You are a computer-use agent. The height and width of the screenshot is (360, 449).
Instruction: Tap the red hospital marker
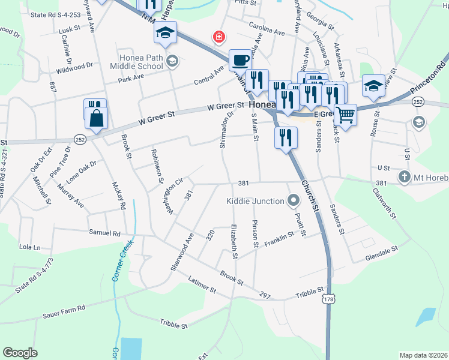click(x=220, y=37)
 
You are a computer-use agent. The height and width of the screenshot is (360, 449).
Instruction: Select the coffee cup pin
click(x=240, y=61)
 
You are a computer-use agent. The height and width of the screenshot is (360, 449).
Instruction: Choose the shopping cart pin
click(x=345, y=114)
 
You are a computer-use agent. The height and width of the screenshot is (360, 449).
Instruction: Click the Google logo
click(x=20, y=353)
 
